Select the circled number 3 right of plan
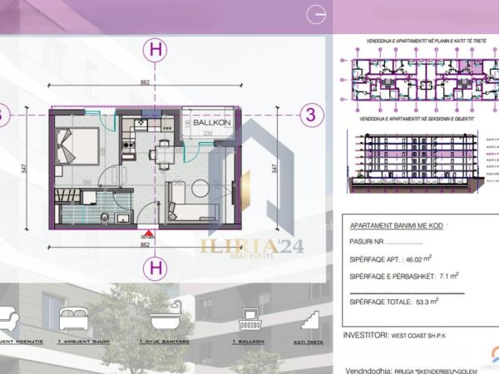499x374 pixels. pyautogui.click(x=311, y=116)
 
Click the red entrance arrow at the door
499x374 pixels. pyautogui.click(x=148, y=233)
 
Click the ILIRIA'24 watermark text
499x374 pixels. pyautogui.click(x=240, y=244)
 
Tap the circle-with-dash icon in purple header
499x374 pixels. pyautogui.click(x=315, y=13)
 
